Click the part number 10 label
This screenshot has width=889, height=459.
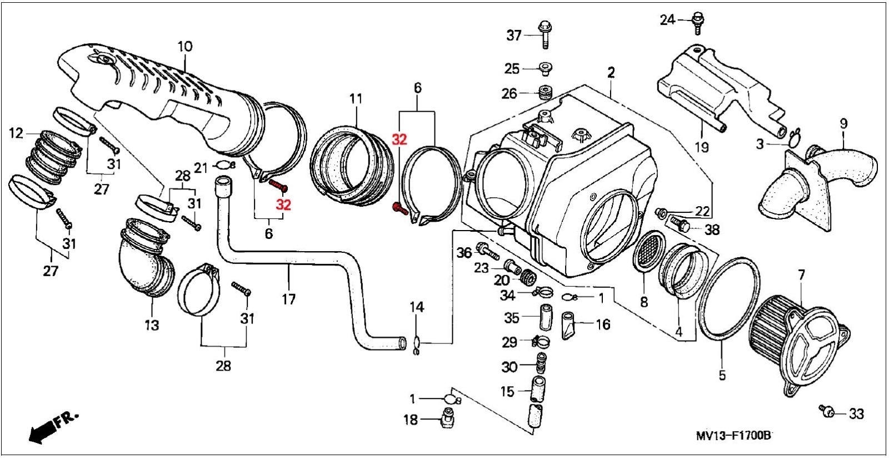coord(184,46)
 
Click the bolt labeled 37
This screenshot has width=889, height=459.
coord(544,34)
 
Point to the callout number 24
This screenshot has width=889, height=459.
coord(667,20)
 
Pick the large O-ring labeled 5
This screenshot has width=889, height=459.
coord(728,297)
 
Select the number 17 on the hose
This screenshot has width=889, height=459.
coord(288,300)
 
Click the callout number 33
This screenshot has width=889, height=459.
coord(856,413)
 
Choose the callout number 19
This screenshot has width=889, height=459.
coord(701,147)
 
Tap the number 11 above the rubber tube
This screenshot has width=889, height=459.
coord(356,99)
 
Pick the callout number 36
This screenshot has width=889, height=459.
coord(464,253)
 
